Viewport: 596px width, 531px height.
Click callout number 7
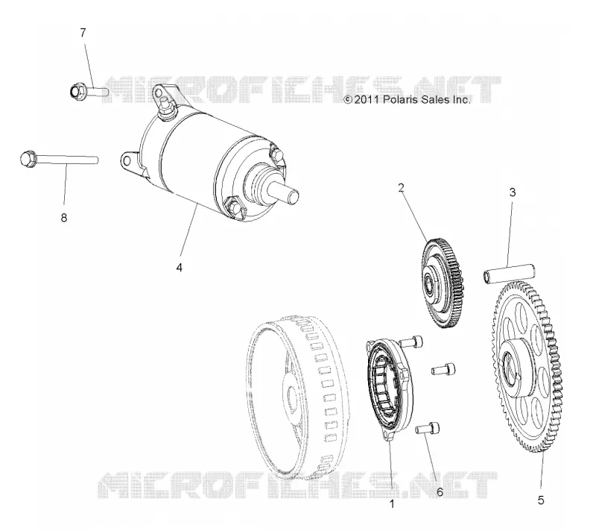click(x=83, y=33)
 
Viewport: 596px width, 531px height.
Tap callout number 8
click(x=64, y=218)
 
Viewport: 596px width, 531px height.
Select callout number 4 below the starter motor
click(x=179, y=268)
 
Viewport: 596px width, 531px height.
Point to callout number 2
click(x=401, y=187)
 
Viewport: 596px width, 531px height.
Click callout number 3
click(x=513, y=192)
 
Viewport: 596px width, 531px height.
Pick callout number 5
click(x=541, y=500)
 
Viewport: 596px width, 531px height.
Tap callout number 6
click(x=440, y=492)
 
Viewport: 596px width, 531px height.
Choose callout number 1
click(x=392, y=504)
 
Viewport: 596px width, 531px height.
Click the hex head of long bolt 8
click(x=28, y=158)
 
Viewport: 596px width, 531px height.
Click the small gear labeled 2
click(x=443, y=283)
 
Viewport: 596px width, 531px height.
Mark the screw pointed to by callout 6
click(x=428, y=428)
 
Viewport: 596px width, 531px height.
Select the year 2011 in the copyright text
click(x=367, y=100)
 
